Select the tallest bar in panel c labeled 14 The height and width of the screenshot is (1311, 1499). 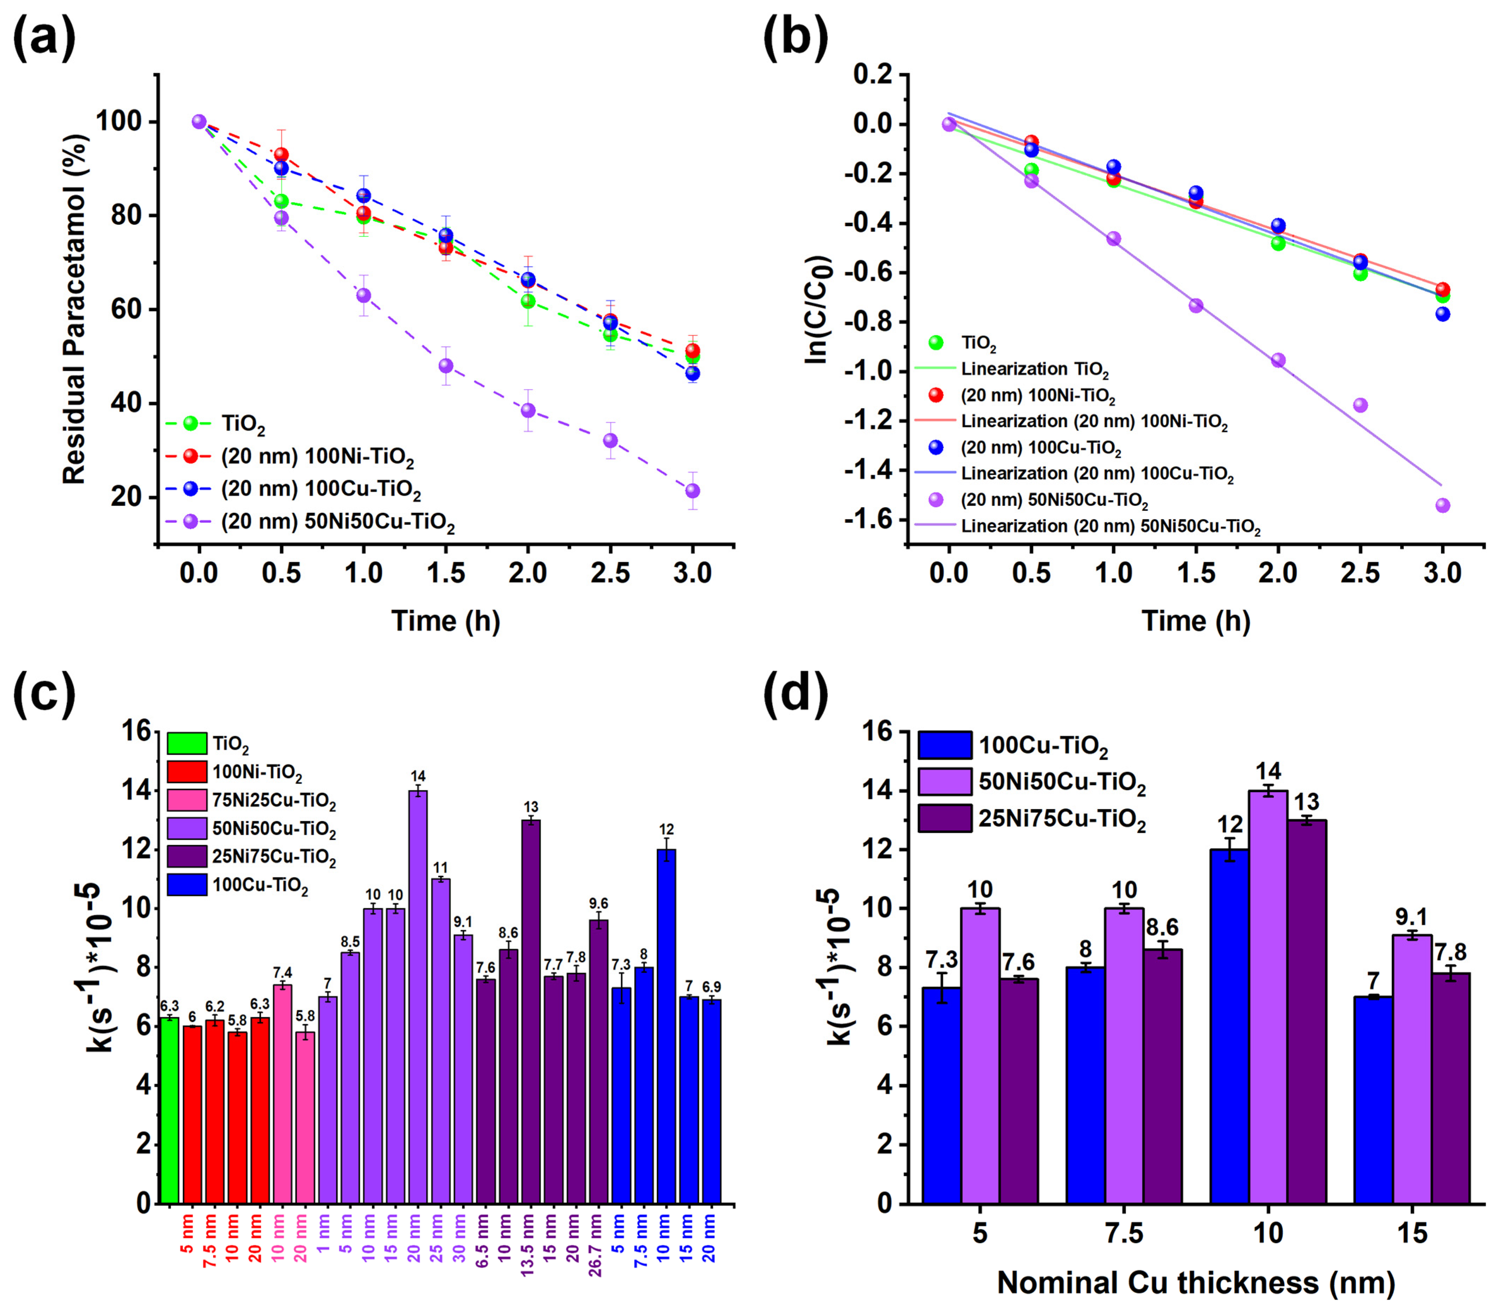[418, 995]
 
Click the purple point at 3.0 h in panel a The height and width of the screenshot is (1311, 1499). [693, 490]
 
